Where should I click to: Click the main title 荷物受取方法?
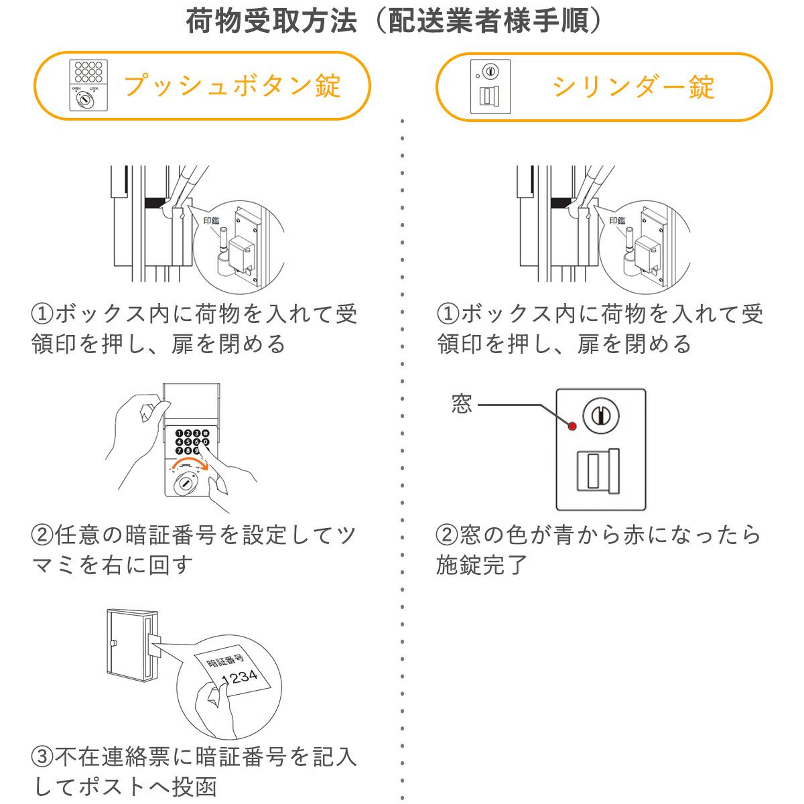pyautogui.click(x=271, y=21)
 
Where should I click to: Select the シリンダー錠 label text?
pyautogui.click(x=633, y=86)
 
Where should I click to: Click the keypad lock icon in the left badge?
pyautogui.click(x=88, y=85)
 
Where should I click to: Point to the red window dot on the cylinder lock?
pyautogui.click(x=572, y=426)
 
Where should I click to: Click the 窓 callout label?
pyautogui.click(x=462, y=404)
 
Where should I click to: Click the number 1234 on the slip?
pyautogui.click(x=239, y=677)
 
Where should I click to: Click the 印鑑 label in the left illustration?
pyautogui.click(x=211, y=220)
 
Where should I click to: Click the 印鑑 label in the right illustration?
pyautogui.click(x=616, y=220)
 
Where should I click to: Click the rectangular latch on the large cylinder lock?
pyautogui.click(x=598, y=470)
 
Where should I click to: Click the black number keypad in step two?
pyautogui.click(x=192, y=441)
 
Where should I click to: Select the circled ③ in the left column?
pyautogui.click(x=42, y=757)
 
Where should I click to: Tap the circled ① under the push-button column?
pyautogui.click(x=42, y=314)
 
